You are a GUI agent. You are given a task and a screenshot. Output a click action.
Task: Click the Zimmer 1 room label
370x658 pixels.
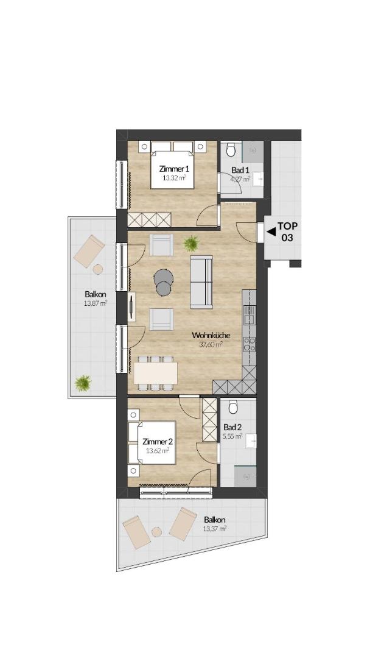coord(174,169)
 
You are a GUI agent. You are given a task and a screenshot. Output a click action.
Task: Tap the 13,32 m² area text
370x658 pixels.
coord(174,177)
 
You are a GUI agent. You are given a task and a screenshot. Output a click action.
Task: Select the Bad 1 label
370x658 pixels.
coord(240,171)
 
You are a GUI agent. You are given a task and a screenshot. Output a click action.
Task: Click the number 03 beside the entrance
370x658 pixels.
coord(287,238)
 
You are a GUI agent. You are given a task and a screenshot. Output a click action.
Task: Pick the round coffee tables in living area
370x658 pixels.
coord(163,282)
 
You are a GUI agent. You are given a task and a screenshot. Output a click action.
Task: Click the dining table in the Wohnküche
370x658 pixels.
coord(155,373)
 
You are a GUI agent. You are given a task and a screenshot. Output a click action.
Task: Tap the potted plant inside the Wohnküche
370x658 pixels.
coord(191,243)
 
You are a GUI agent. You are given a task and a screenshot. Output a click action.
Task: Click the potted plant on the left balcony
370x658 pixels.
coord(83,383)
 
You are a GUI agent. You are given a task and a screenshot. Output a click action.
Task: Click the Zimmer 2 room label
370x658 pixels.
coord(157,442)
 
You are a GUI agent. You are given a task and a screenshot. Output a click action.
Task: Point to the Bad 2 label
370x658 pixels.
coord(232,427)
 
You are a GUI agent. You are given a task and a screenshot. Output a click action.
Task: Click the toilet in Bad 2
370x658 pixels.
coord(233,406)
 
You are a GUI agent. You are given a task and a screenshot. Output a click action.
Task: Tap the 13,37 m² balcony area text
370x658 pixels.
coord(215,529)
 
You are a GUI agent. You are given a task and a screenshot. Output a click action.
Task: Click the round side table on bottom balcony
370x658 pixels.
coord(156,532)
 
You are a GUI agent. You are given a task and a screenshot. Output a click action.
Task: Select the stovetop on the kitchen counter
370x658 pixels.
coord(250,344)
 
